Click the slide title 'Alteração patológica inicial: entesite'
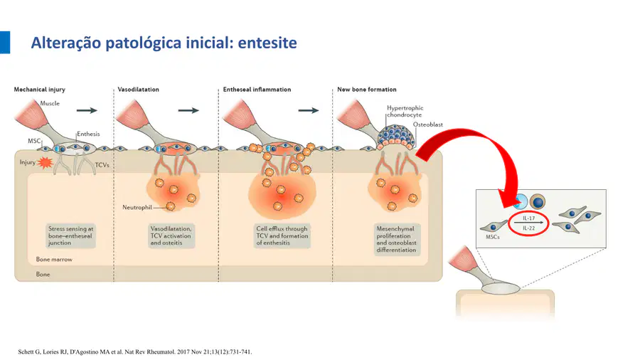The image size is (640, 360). click(164, 43)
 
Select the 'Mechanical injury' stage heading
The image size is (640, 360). click(40, 90)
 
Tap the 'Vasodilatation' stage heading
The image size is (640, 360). click(139, 90)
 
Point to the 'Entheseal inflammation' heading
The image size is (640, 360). click(257, 90)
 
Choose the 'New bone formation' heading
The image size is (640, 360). click(366, 90)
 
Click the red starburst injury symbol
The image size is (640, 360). click(45, 163)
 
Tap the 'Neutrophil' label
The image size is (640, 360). click(137, 207)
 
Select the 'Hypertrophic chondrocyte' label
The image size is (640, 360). click(405, 112)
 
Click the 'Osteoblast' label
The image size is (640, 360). click(428, 125)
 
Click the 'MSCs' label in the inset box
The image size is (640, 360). click(493, 237)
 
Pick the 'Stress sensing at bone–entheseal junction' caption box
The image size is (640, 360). click(70, 236)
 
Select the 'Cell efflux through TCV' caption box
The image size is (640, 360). click(282, 236)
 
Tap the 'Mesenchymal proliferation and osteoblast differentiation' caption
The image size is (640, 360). click(396, 240)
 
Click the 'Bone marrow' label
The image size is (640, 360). click(54, 259)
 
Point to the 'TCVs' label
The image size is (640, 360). click(102, 165)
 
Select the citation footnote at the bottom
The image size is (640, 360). click(134, 351)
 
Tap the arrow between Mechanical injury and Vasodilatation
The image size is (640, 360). click(87, 110)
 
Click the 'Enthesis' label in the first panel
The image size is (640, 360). click(88, 134)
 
